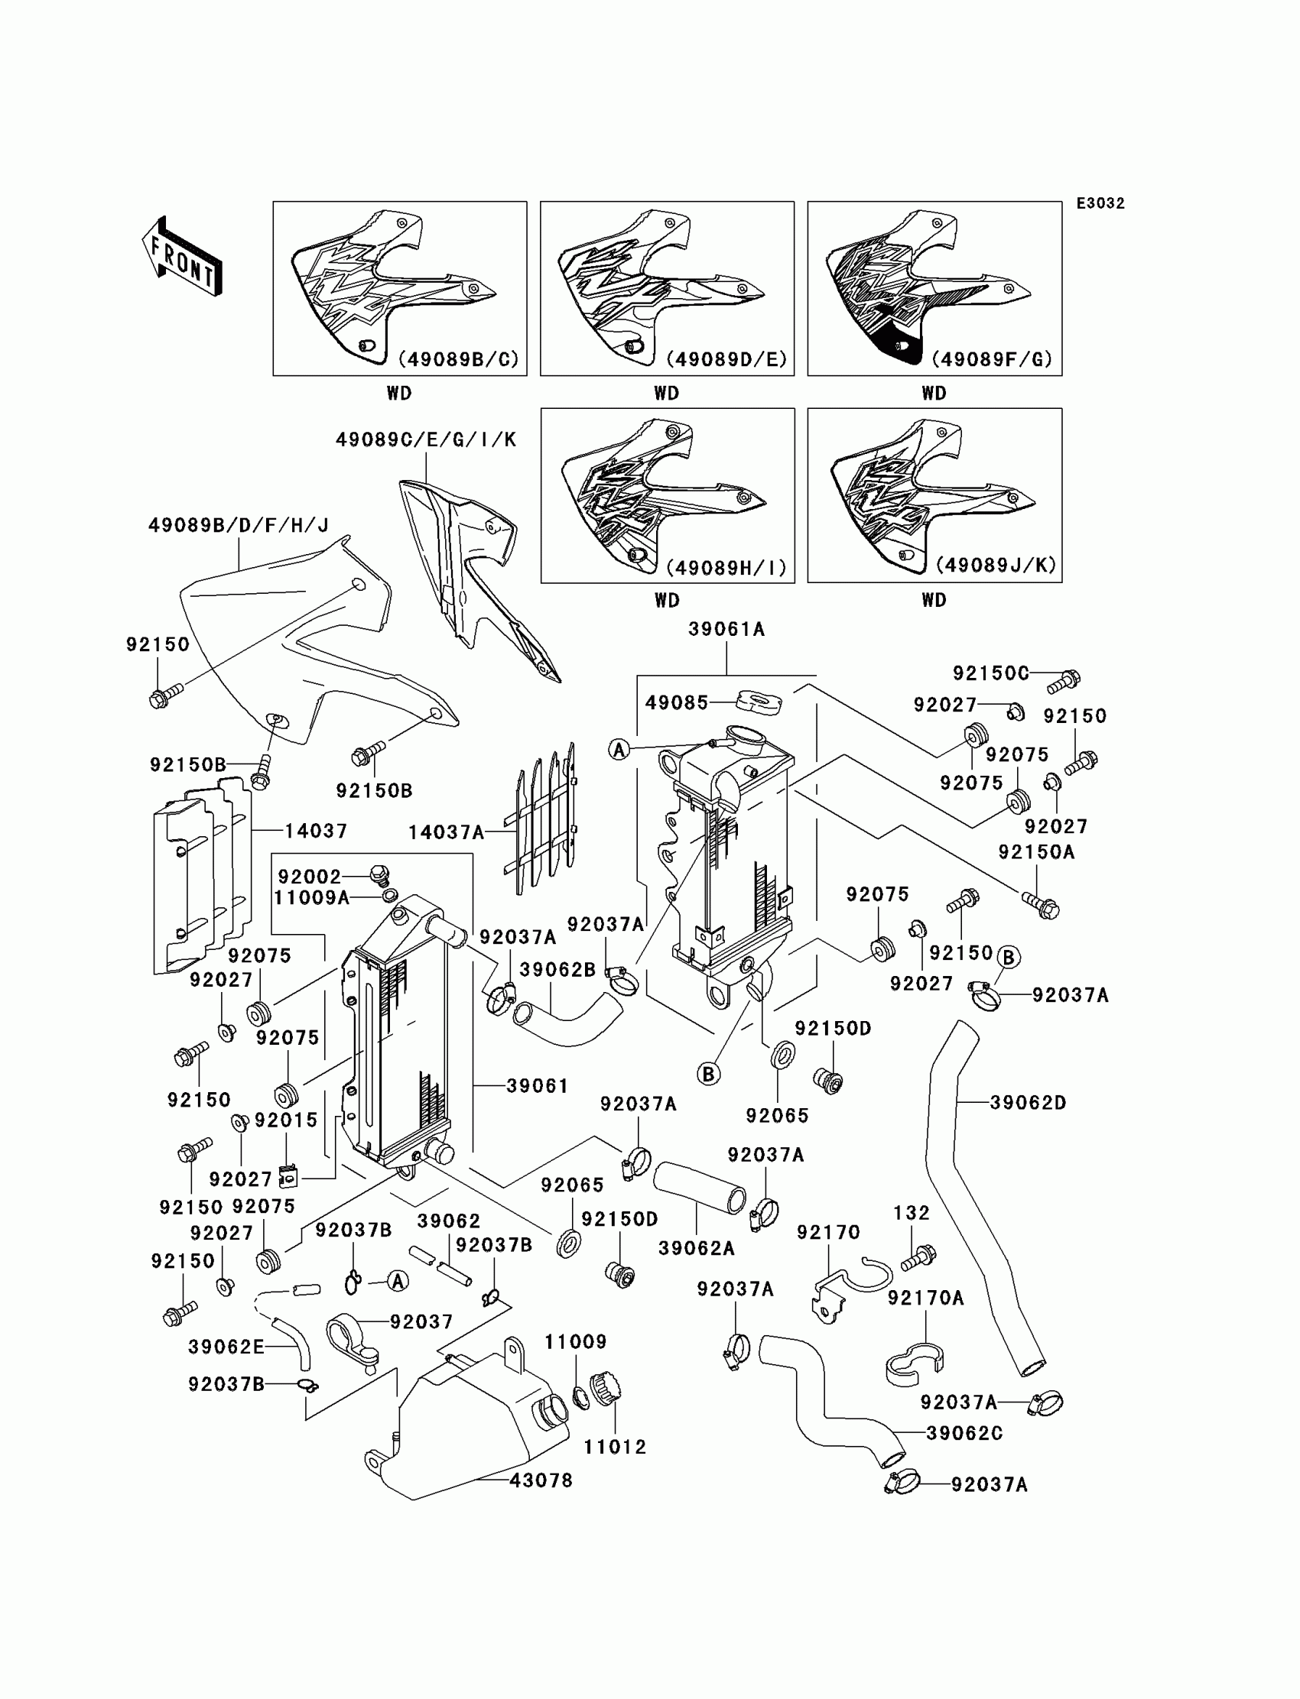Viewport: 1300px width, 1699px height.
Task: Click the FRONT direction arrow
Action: [x=183, y=258]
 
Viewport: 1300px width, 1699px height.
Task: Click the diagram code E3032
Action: [x=1100, y=203]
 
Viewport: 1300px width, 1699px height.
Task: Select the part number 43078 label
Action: [x=541, y=1480]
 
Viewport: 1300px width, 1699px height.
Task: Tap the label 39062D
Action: [x=1028, y=1103]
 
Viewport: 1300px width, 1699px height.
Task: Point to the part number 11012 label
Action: [x=615, y=1446]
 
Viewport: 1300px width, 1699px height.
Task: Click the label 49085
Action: [x=677, y=702]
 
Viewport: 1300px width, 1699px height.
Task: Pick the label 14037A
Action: [x=447, y=832]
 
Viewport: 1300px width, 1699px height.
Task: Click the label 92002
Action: [x=310, y=876]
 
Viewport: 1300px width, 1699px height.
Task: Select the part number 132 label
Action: [x=912, y=1213]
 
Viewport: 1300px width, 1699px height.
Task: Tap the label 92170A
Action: [x=925, y=1298]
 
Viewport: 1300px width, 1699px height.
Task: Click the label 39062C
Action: [x=964, y=1433]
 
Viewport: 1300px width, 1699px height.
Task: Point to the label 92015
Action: [x=286, y=1120]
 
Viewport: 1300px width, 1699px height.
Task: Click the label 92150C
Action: [x=990, y=673]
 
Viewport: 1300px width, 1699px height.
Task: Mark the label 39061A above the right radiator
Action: [x=726, y=630]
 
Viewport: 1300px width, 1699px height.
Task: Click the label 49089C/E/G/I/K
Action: [x=426, y=440]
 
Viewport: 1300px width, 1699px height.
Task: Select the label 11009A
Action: [x=312, y=897]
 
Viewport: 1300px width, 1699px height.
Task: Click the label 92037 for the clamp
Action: [x=421, y=1321]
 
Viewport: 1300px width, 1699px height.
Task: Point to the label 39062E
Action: [x=226, y=1347]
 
